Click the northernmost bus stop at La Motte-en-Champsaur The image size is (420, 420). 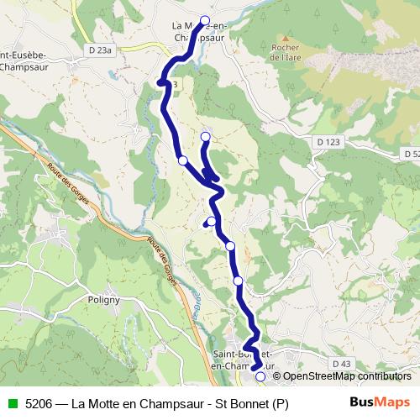(x=204, y=20)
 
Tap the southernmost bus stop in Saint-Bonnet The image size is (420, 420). (x=260, y=377)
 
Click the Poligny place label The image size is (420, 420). (x=103, y=299)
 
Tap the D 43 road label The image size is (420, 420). (x=340, y=363)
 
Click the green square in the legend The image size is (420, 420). (x=11, y=403)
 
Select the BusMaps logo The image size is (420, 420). (x=378, y=402)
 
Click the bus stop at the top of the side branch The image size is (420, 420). (x=205, y=136)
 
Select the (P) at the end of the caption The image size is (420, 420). (x=280, y=403)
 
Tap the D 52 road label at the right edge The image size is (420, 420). (x=410, y=154)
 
